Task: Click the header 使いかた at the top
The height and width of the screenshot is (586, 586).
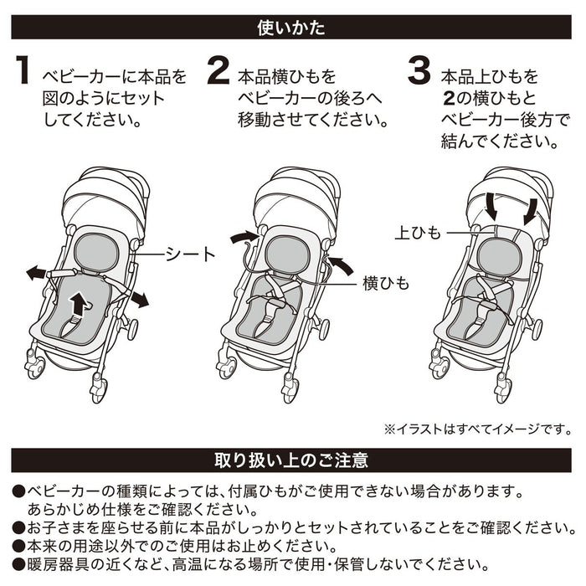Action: [292, 28]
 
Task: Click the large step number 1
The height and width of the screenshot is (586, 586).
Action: [23, 73]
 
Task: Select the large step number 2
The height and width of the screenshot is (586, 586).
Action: [218, 73]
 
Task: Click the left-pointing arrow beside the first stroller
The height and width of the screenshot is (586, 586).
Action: [37, 273]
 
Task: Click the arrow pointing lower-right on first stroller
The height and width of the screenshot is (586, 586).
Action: [138, 299]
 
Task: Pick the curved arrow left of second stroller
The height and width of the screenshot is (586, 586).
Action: [244, 239]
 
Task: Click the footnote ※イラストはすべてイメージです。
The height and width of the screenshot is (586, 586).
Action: [478, 429]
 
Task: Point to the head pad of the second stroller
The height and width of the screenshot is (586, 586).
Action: [285, 250]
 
